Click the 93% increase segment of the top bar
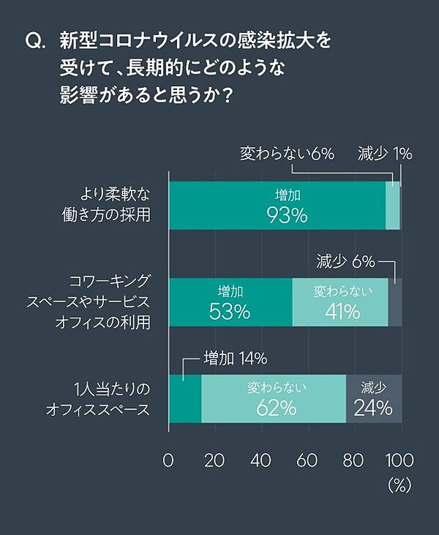278,206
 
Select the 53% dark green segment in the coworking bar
230,302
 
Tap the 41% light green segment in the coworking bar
340,302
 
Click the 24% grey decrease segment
374,398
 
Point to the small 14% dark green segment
185,398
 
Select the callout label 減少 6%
345,261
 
